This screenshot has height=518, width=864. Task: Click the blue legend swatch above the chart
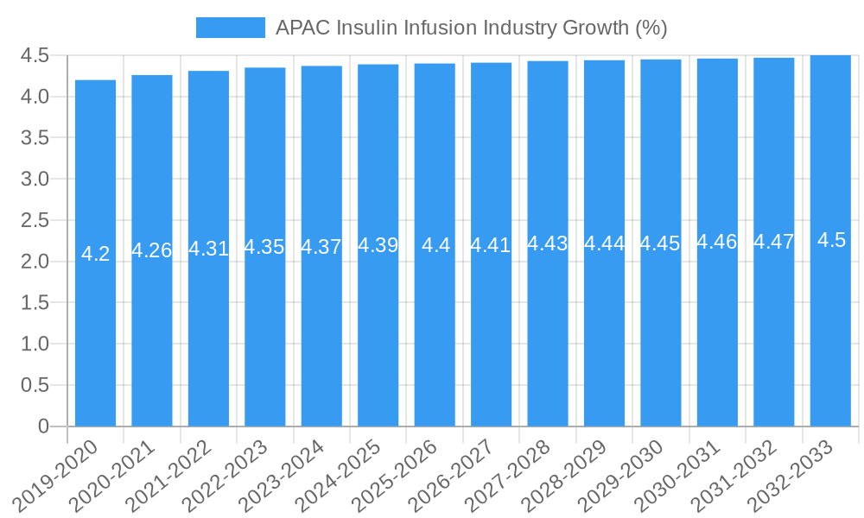(x=230, y=28)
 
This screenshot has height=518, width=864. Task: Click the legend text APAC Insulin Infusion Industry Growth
(x=471, y=28)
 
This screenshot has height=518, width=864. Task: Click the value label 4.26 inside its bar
(x=152, y=250)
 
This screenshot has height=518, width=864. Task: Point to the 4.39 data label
(x=378, y=245)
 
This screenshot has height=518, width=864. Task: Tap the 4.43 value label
(x=548, y=243)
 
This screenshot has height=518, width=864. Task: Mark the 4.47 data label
(x=774, y=242)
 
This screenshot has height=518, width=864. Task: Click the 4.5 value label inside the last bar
(x=831, y=240)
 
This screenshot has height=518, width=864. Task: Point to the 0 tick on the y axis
(x=44, y=426)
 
